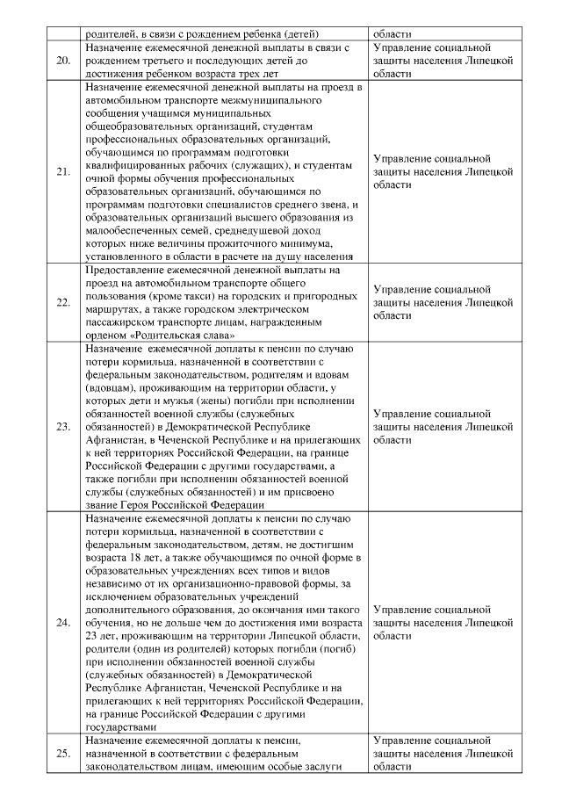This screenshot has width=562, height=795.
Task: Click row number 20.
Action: pyautogui.click(x=62, y=61)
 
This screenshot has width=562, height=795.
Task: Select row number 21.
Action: pyautogui.click(x=62, y=172)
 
